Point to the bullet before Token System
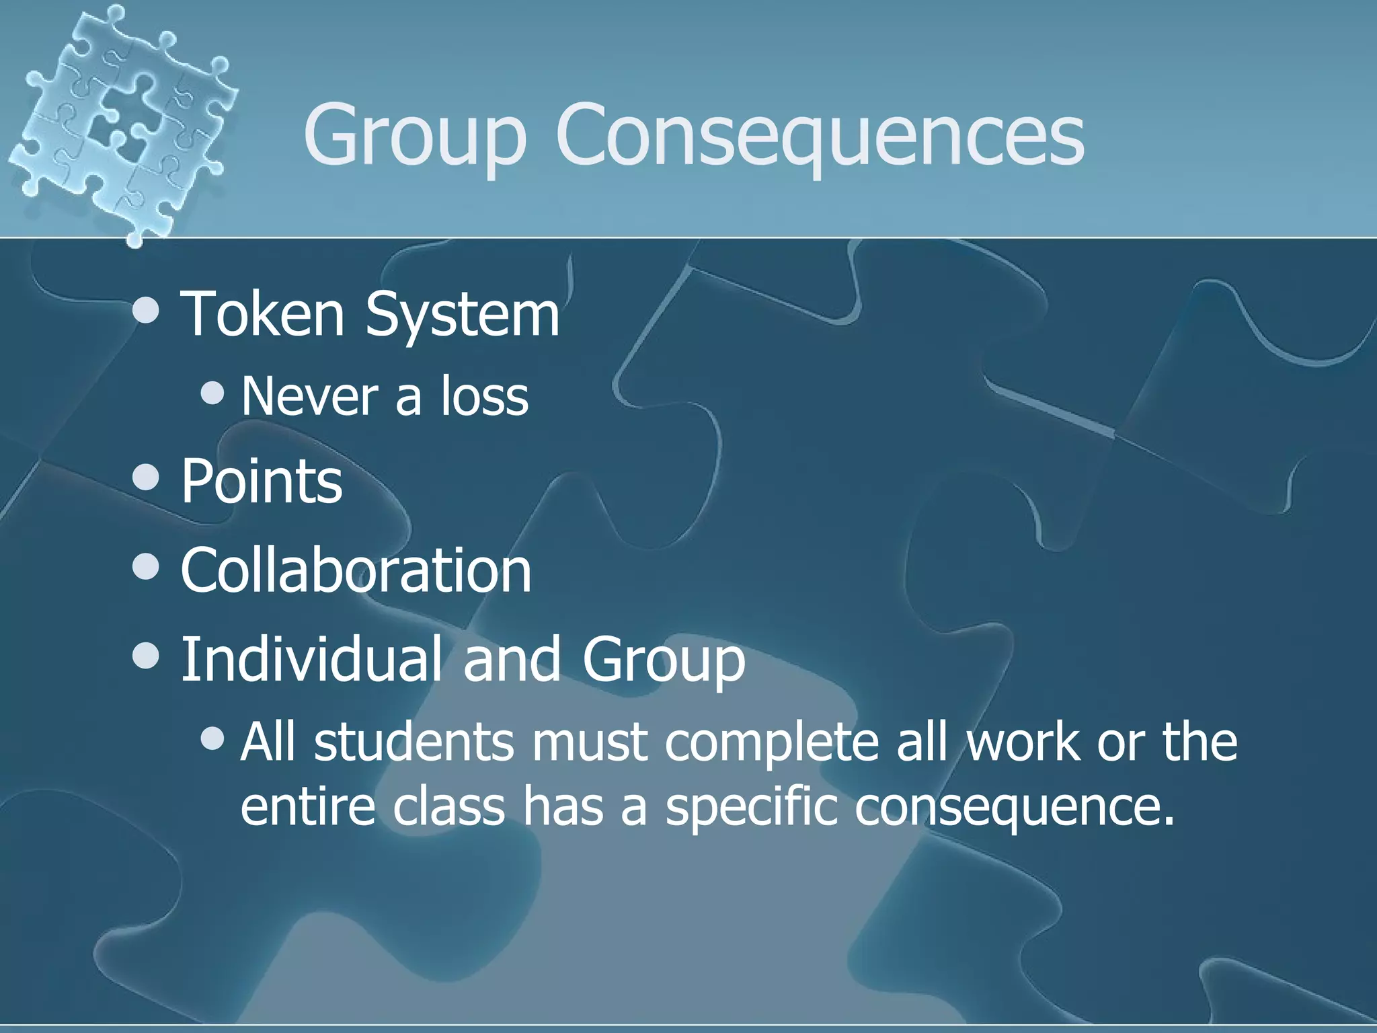(x=146, y=311)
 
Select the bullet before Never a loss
(x=212, y=393)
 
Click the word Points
(x=262, y=481)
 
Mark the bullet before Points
(x=146, y=478)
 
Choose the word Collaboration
(x=356, y=570)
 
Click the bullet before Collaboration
(x=146, y=567)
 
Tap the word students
(x=414, y=742)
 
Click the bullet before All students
(x=212, y=738)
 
